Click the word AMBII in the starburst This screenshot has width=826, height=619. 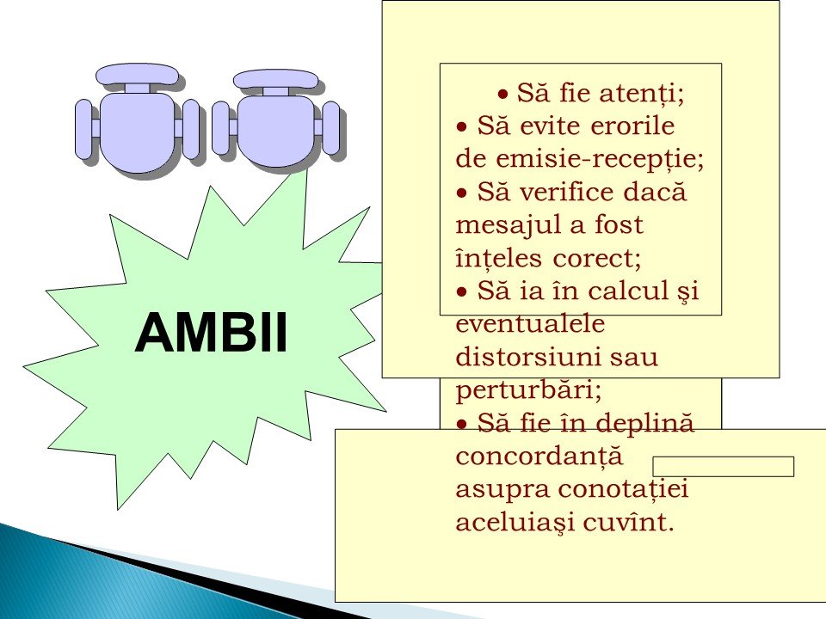[211, 333]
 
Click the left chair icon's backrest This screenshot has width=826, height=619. [136, 74]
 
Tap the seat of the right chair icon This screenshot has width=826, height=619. [275, 131]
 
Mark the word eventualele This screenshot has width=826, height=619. [530, 323]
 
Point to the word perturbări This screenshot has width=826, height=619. [528, 390]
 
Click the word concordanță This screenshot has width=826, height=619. [539, 457]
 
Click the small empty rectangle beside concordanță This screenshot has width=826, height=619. [724, 466]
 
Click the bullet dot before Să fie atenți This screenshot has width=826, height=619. [503, 95]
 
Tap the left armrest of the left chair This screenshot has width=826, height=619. [83, 129]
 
